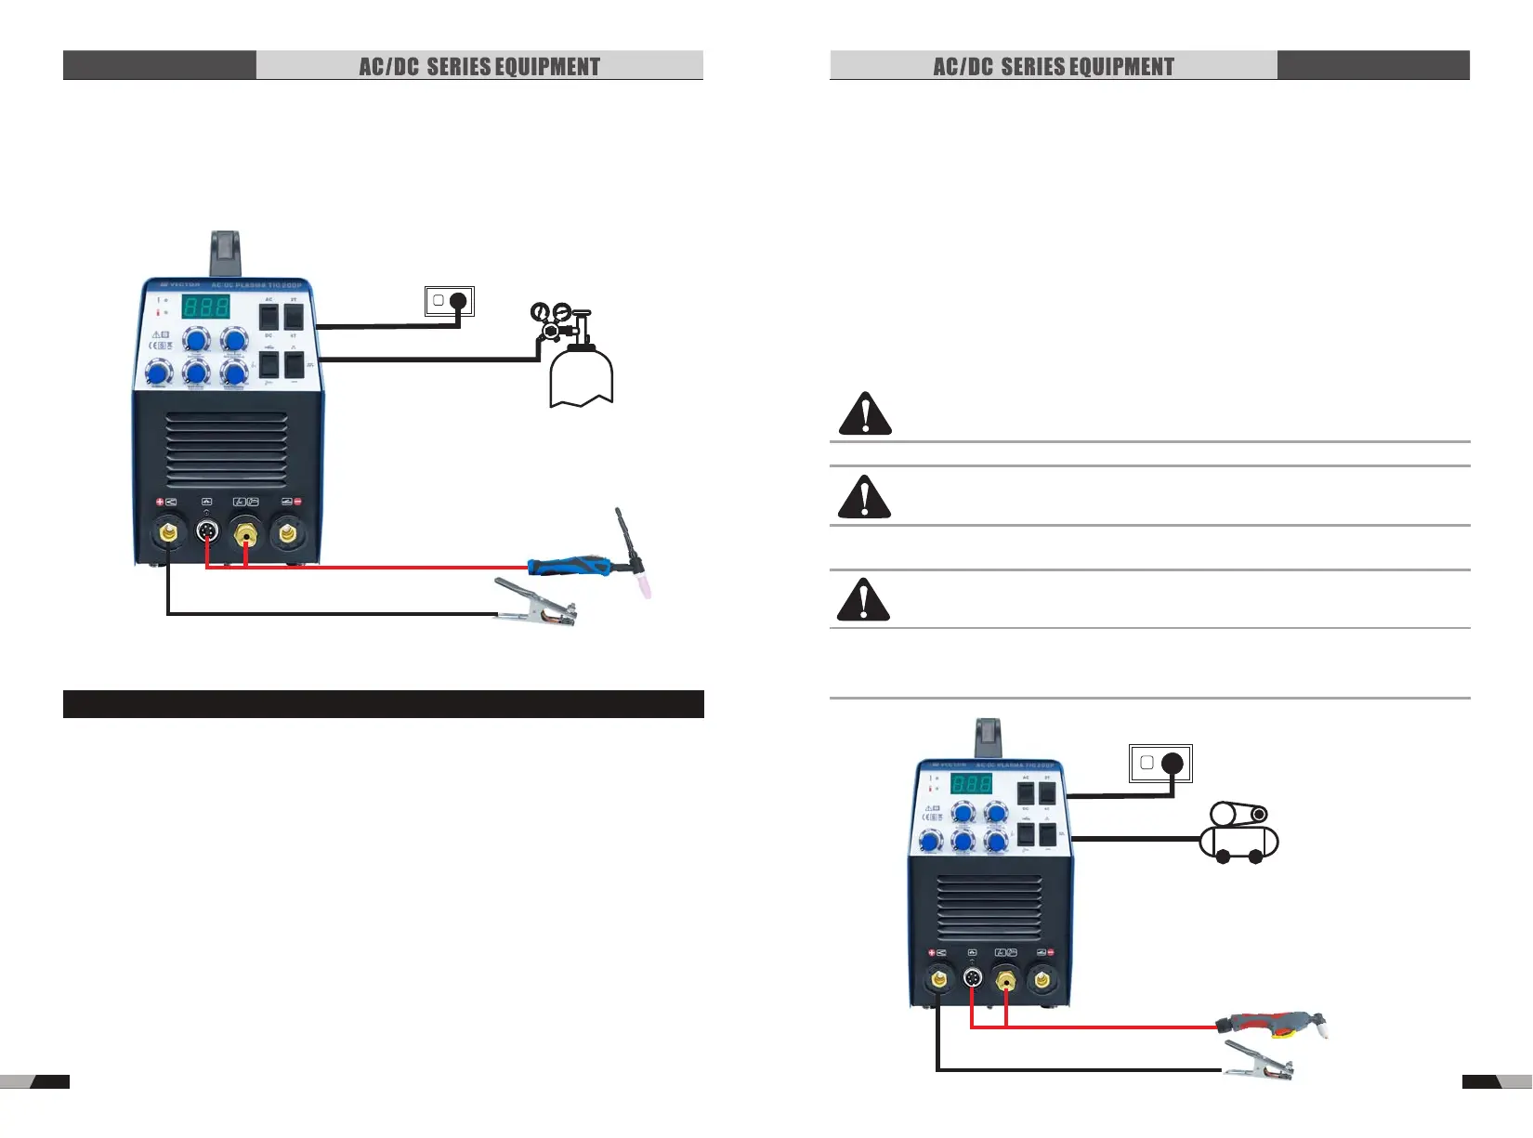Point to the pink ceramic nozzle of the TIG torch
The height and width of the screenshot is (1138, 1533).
tap(643, 585)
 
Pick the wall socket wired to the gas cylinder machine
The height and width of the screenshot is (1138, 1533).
tap(450, 301)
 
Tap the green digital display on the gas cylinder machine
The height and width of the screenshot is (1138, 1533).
tap(205, 307)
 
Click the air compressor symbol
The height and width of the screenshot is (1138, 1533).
tap(1239, 832)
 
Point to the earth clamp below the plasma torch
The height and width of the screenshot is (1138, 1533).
tap(1258, 1062)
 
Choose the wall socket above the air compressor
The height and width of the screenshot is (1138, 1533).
tap(1160, 764)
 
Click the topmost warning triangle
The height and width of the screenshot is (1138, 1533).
tap(865, 414)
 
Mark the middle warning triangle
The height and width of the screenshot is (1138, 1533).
tap(864, 497)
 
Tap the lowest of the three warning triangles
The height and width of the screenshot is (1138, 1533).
tap(863, 600)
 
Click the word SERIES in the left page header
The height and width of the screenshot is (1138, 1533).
tap(459, 67)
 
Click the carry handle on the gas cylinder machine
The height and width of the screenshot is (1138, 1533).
tap(226, 253)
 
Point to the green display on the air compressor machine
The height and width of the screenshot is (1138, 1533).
tap(971, 782)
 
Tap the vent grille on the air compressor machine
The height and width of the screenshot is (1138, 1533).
tap(989, 908)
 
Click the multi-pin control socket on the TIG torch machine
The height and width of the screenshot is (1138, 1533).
tap(207, 532)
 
